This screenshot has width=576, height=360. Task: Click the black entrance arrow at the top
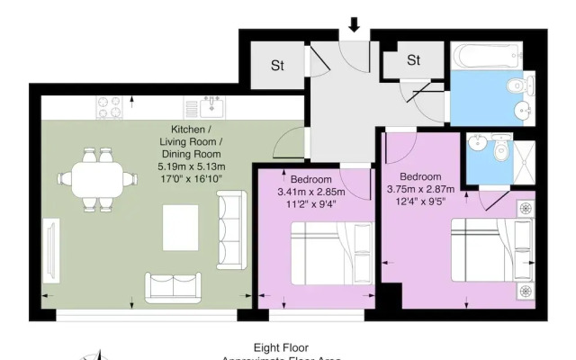[354, 24]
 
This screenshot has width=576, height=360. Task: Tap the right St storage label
[413, 60]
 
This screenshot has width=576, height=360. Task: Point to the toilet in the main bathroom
[516, 86]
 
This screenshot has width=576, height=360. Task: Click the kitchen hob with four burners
[112, 106]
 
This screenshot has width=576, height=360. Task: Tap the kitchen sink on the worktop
[211, 107]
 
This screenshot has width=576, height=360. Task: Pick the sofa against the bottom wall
[175, 286]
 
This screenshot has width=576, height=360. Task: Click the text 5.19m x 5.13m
[192, 166]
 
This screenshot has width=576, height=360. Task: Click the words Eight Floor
[281, 346]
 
